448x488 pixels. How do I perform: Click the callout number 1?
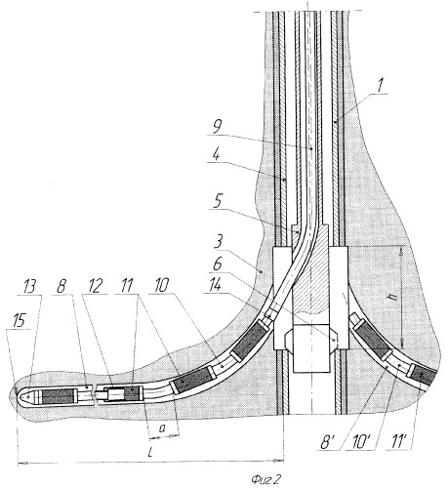pos(381,85)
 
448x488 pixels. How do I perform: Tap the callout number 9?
pos(218,128)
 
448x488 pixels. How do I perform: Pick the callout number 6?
pos(217,264)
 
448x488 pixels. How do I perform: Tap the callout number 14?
pos(214,286)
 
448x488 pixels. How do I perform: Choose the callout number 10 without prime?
pos(162,286)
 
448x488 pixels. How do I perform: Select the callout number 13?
pos(29,287)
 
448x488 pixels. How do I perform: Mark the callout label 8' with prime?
pos(328,443)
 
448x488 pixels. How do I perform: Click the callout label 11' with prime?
pos(395,442)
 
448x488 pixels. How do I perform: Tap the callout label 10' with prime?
pos(361,443)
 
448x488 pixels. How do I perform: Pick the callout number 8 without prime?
pos(61,286)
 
